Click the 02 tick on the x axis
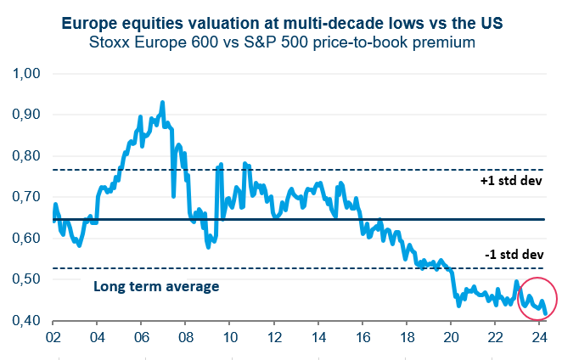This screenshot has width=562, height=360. tap(53, 337)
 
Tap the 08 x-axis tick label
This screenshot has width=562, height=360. tap(185, 337)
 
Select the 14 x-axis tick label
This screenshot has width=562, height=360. tap(318, 337)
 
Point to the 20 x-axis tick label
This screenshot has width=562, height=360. tap(450, 337)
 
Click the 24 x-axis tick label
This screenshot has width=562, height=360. tap(538, 337)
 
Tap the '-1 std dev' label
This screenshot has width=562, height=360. tap(512, 255)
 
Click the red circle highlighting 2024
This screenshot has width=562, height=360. tap(537, 298)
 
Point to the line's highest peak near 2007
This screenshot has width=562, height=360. tap(162, 103)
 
